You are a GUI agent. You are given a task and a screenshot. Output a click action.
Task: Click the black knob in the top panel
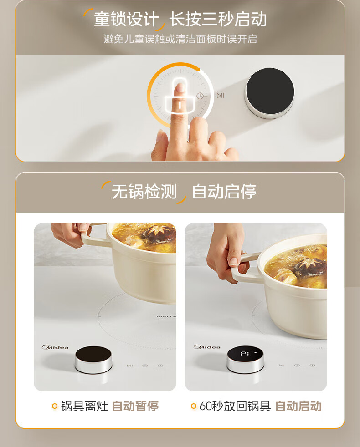click(270, 91)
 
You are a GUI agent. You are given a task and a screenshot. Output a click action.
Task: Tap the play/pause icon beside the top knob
click(221, 96)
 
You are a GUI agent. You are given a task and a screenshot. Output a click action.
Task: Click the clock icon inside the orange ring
click(200, 96)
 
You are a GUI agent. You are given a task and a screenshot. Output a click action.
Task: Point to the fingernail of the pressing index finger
click(180, 87)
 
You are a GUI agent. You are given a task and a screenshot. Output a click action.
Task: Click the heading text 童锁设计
click(127, 20)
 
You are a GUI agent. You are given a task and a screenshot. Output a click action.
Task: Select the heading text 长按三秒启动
click(218, 20)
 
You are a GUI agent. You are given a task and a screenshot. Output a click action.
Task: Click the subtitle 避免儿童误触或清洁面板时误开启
click(180, 39)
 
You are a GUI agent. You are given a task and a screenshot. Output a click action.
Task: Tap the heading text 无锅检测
click(144, 191)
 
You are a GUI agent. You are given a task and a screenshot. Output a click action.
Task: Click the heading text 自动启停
click(224, 191)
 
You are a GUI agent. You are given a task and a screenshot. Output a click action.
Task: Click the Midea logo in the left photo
click(55, 347)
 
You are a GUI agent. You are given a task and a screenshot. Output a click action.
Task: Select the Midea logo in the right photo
click(207, 347)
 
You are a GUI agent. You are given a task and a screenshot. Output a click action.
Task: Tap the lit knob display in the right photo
click(245, 354)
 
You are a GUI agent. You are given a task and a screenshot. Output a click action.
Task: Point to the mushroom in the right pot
click(310, 267)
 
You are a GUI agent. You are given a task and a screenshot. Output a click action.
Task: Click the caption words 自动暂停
click(135, 406)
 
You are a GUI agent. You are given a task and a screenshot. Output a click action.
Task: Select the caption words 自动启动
click(298, 406)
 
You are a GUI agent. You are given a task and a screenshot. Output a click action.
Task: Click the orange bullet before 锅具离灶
click(55, 406)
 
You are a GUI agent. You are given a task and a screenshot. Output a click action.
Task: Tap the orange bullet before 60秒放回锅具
click(194, 406)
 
